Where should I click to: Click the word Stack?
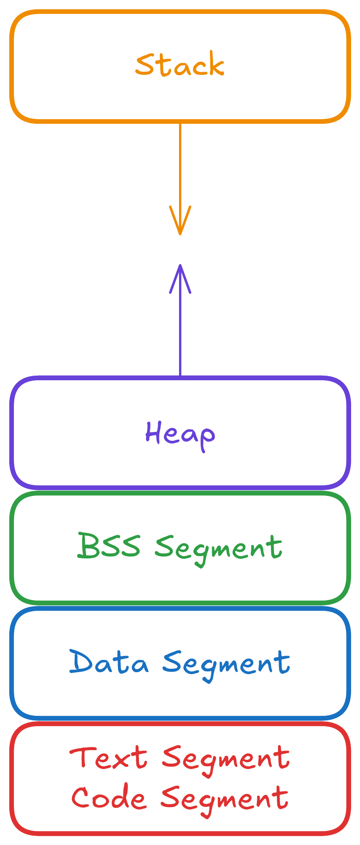180,64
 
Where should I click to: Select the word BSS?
109,546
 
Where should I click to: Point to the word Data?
109,662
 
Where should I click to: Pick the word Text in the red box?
109,757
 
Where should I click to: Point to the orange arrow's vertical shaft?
180,166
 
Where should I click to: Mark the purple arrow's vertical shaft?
180,332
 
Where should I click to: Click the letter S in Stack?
145,65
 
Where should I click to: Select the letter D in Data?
81,661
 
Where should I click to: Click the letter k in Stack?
215,64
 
